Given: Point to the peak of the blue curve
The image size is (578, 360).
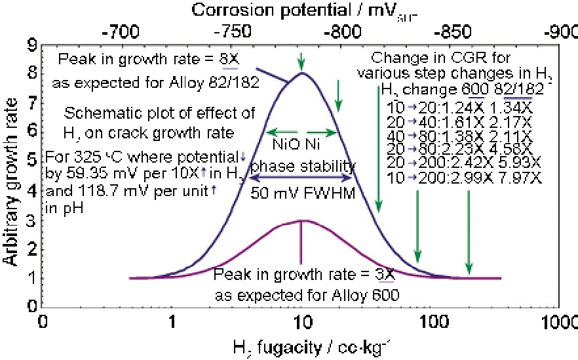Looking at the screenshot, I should [301, 73].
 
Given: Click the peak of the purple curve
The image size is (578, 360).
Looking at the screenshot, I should [301, 220].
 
